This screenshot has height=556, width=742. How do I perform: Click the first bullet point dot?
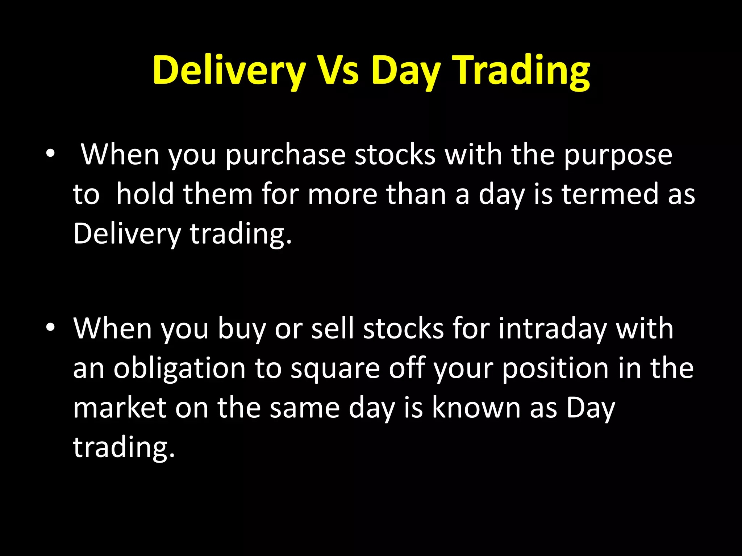50,154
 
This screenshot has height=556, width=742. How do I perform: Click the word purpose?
618,155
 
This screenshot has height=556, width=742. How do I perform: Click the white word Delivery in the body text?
127,233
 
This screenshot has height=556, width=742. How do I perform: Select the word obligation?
179,368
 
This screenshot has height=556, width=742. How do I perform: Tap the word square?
335,368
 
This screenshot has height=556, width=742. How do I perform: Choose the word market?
120,408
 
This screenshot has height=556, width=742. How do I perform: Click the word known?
476,408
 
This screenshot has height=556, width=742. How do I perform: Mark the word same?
304,408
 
